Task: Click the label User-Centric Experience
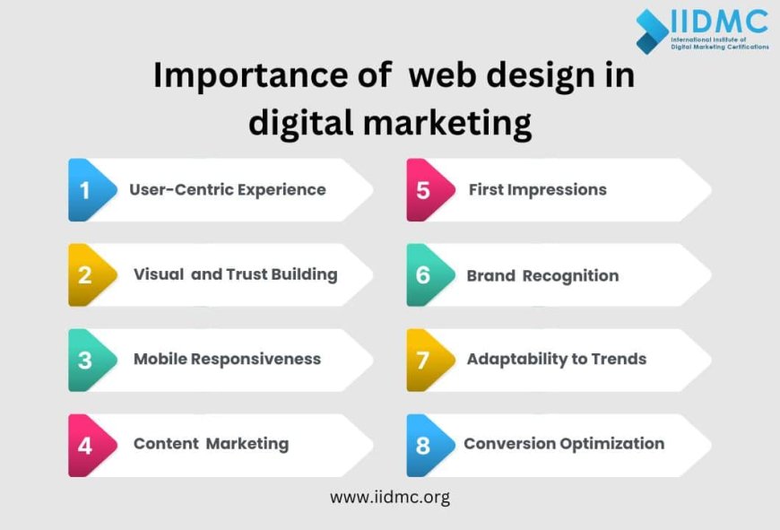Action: click(228, 190)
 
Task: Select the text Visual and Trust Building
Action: click(235, 274)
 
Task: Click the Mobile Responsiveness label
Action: click(227, 359)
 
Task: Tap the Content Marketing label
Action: click(211, 444)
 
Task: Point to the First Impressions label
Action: click(537, 190)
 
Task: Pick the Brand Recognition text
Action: click(542, 275)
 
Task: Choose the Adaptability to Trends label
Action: click(556, 359)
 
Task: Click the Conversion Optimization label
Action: click(564, 444)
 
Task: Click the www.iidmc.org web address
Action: click(390, 497)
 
